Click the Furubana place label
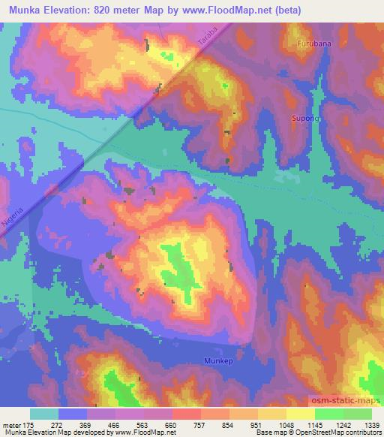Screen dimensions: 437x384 click(x=313, y=44)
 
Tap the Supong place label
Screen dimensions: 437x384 click(x=305, y=119)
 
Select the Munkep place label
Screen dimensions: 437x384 click(x=219, y=361)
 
